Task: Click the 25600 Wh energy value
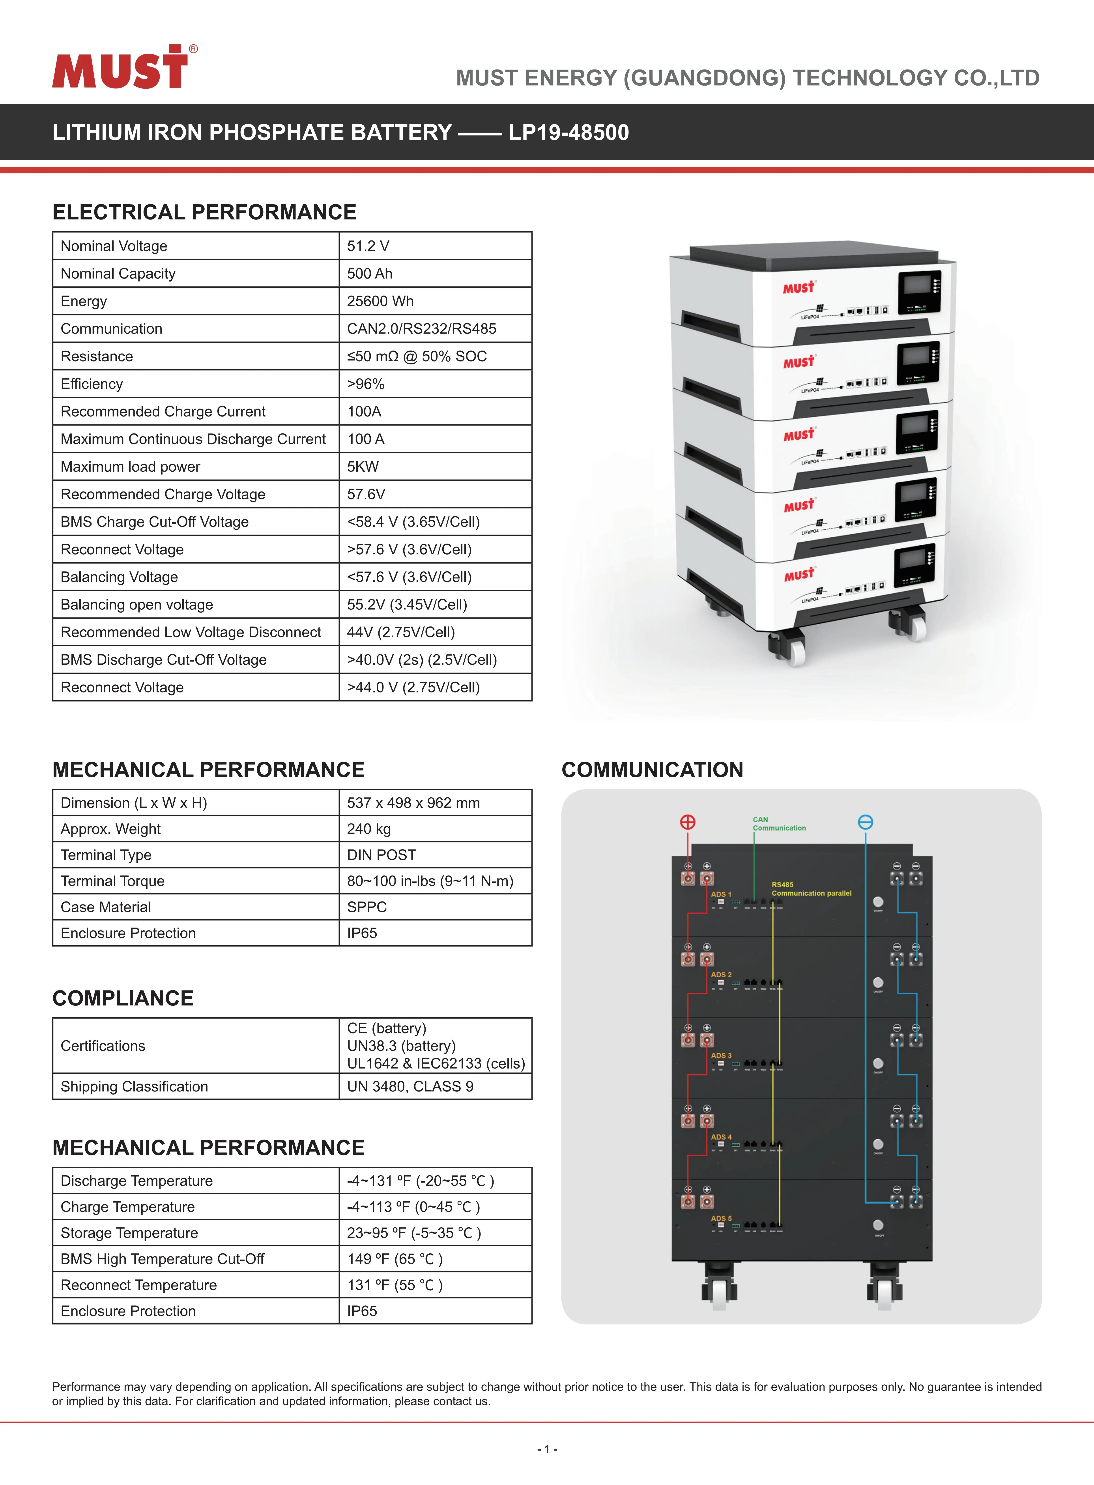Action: point(380,301)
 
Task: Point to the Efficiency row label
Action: point(91,384)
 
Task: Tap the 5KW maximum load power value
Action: point(363,467)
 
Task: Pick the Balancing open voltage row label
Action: point(137,605)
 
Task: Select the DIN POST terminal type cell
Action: point(381,855)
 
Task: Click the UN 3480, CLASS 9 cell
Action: point(410,1087)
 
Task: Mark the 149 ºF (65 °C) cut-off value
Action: point(395,1259)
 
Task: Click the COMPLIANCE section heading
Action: point(123,998)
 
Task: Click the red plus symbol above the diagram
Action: point(687,822)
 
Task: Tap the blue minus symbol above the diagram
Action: point(865,822)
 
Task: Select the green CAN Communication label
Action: point(779,824)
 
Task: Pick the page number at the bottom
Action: point(547,1449)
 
